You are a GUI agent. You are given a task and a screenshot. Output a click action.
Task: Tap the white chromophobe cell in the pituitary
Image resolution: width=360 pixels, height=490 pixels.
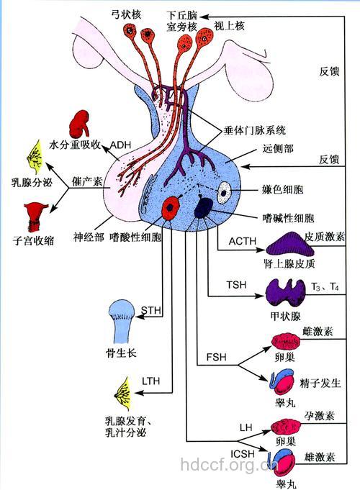[226, 193]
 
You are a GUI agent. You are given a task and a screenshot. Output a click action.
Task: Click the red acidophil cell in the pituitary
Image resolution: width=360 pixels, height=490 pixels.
[171, 207]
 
